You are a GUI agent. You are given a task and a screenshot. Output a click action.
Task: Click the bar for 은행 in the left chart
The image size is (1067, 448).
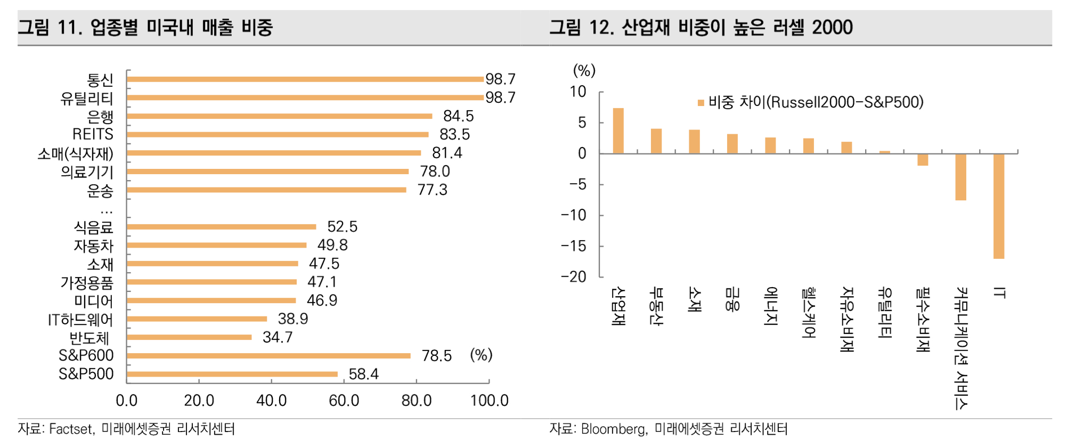(x=280, y=116)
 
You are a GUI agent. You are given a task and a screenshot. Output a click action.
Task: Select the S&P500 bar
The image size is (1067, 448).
(x=232, y=374)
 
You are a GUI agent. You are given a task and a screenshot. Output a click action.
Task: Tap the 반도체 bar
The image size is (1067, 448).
(x=189, y=337)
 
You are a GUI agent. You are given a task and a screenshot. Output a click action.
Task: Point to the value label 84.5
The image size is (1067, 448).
(x=458, y=116)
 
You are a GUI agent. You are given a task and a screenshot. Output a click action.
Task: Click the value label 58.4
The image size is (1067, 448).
(x=363, y=374)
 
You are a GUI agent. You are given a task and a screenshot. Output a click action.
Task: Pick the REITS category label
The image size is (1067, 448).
(x=93, y=134)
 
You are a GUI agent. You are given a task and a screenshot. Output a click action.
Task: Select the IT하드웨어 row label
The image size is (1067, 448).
(x=80, y=320)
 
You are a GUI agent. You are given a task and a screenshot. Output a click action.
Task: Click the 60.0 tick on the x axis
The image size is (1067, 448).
(x=344, y=401)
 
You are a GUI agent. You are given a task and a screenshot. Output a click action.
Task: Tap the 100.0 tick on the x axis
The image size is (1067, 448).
(x=489, y=401)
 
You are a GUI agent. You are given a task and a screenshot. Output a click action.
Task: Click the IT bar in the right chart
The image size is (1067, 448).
(x=999, y=206)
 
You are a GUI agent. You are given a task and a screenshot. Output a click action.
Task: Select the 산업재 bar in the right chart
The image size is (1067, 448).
(x=618, y=131)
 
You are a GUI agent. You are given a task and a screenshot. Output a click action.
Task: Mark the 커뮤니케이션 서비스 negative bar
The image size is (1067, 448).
(x=960, y=177)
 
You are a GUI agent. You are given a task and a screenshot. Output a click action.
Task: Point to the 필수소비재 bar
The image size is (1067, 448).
(x=923, y=160)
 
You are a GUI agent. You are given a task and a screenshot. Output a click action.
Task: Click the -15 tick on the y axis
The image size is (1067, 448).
(x=574, y=246)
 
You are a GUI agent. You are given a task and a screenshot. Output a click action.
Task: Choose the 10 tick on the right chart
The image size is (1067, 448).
(x=578, y=92)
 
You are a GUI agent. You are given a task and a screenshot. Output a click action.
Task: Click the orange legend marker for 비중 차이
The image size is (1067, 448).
(x=701, y=103)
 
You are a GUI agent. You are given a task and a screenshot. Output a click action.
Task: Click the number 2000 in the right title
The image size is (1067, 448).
(x=832, y=27)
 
